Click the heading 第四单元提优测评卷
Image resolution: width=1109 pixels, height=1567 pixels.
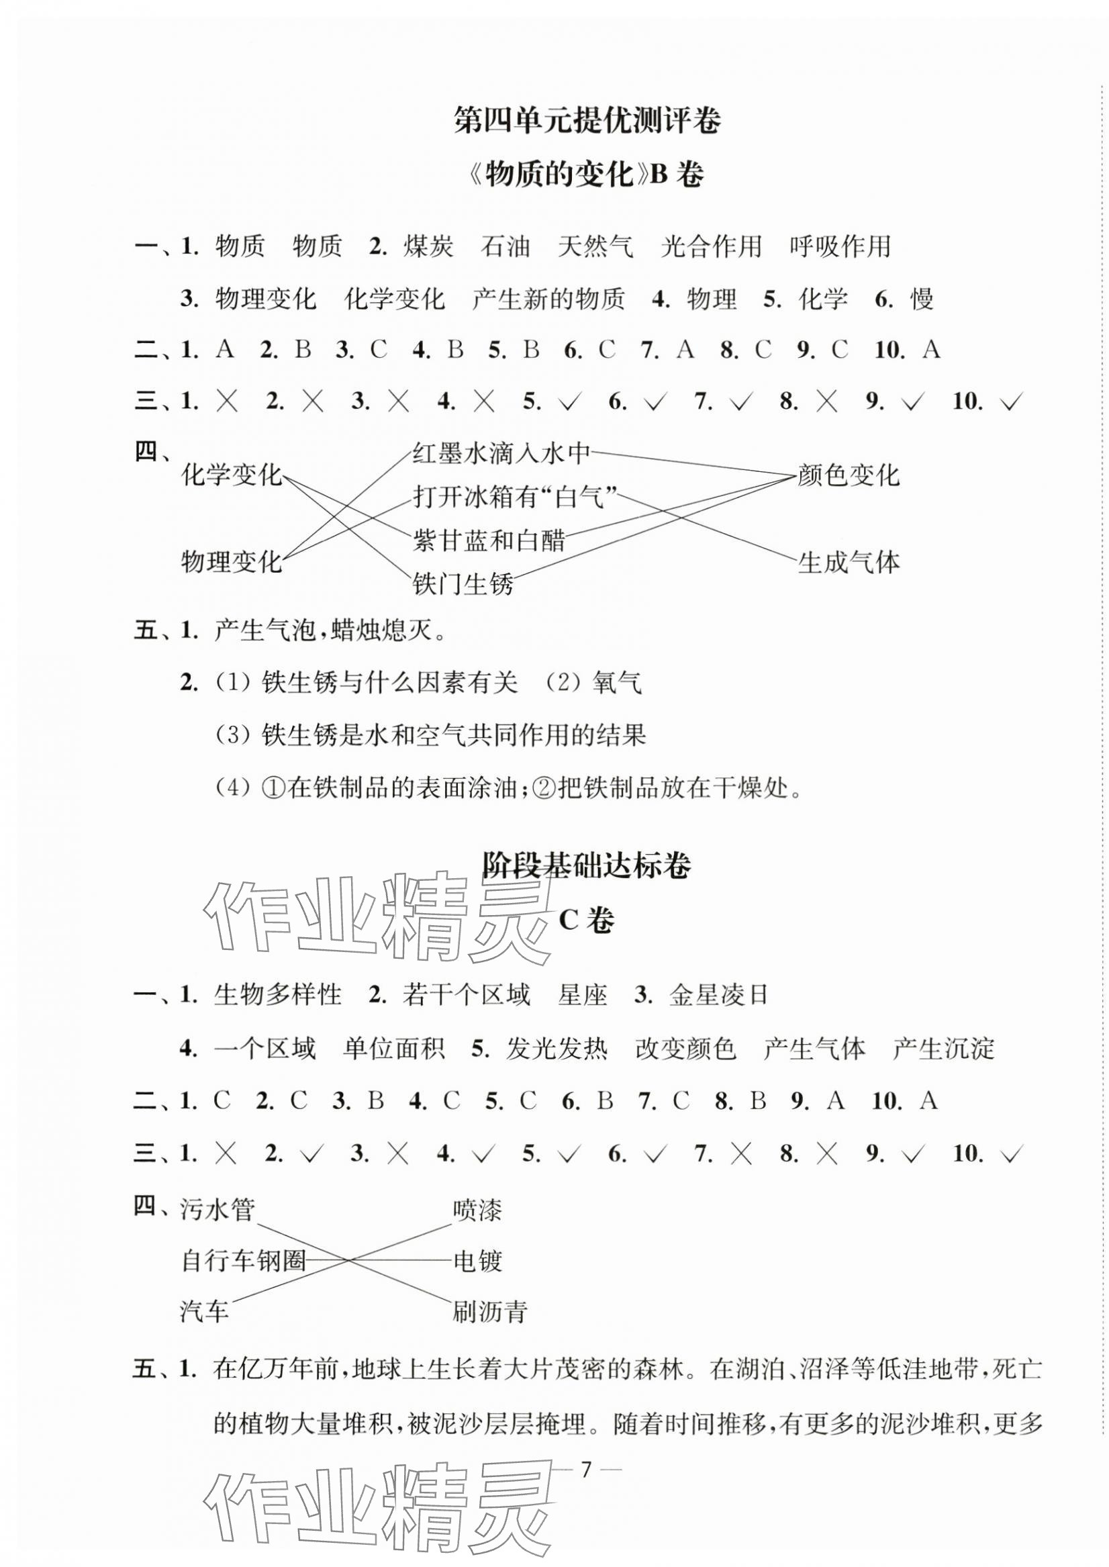tap(587, 122)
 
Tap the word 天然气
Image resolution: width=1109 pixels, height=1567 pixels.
tap(595, 246)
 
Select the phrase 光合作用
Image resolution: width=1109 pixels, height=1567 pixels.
tap(711, 246)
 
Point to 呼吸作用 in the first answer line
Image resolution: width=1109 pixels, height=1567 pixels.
tap(840, 246)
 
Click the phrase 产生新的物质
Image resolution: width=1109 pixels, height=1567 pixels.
tap(548, 299)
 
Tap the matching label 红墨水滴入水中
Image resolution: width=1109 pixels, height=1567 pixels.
tap(501, 453)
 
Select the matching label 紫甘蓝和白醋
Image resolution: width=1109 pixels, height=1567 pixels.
tap(489, 540)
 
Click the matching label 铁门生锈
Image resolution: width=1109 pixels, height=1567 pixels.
tap(463, 585)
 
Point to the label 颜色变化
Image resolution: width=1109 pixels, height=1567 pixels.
tap(848, 475)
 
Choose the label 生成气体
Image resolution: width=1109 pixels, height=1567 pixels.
tap(848, 563)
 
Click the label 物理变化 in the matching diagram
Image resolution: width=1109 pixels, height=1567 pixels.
tap(232, 563)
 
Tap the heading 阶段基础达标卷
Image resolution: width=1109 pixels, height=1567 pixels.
tap(587, 865)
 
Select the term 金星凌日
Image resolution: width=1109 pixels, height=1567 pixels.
tap(718, 995)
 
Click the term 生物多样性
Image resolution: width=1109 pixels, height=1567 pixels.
tap(277, 995)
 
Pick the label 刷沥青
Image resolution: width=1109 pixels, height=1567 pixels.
tap(489, 1312)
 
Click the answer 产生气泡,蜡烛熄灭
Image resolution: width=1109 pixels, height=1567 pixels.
tap(330, 631)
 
